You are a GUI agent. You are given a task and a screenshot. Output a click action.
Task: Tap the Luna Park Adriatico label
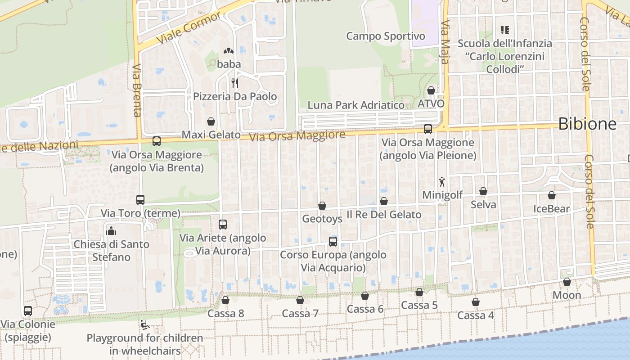pos(355,105)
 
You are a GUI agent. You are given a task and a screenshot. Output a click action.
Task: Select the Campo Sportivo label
pos(386,36)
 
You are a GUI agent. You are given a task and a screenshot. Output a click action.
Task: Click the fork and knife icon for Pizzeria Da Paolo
pos(234,83)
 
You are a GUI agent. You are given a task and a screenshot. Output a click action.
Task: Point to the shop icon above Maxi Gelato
pos(211,121)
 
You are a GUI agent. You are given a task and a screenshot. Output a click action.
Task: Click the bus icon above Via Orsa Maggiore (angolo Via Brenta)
pos(157,141)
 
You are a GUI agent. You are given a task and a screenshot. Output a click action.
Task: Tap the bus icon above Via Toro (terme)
pos(140,199)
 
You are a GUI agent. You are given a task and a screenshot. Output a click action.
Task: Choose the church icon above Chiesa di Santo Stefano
pos(111,231)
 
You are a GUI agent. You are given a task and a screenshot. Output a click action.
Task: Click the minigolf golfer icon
pos(442,182)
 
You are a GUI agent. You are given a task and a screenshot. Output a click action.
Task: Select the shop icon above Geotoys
pos(322,206)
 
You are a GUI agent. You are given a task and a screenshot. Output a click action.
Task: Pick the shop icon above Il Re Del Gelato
pos(384,201)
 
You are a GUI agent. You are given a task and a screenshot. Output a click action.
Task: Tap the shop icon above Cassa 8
pos(225,300)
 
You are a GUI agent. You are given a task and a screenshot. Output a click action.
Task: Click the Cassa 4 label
pos(476,315)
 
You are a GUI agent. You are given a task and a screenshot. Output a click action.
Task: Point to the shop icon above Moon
pos(567,282)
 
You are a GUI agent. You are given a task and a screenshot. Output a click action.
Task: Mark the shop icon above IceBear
pos(551,195)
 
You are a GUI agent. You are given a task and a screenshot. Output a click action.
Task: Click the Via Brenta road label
pos(137,90)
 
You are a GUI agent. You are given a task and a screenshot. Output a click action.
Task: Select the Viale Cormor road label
pos(189,28)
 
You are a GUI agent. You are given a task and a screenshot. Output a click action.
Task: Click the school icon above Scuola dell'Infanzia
pos(504,30)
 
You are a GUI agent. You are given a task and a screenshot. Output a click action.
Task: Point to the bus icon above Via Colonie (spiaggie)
pos(28,311)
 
